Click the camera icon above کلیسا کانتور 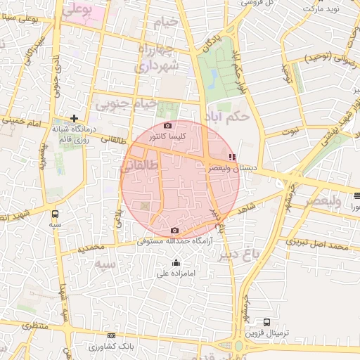(168, 125)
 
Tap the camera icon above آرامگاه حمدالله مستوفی (175, 231)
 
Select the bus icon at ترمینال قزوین (266, 322)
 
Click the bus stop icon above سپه (55, 214)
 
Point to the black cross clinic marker (74, 117)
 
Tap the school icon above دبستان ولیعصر (233, 157)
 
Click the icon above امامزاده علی (166, 263)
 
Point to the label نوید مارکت (321, 8)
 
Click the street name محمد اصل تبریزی (318, 246)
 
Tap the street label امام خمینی (25, 120)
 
